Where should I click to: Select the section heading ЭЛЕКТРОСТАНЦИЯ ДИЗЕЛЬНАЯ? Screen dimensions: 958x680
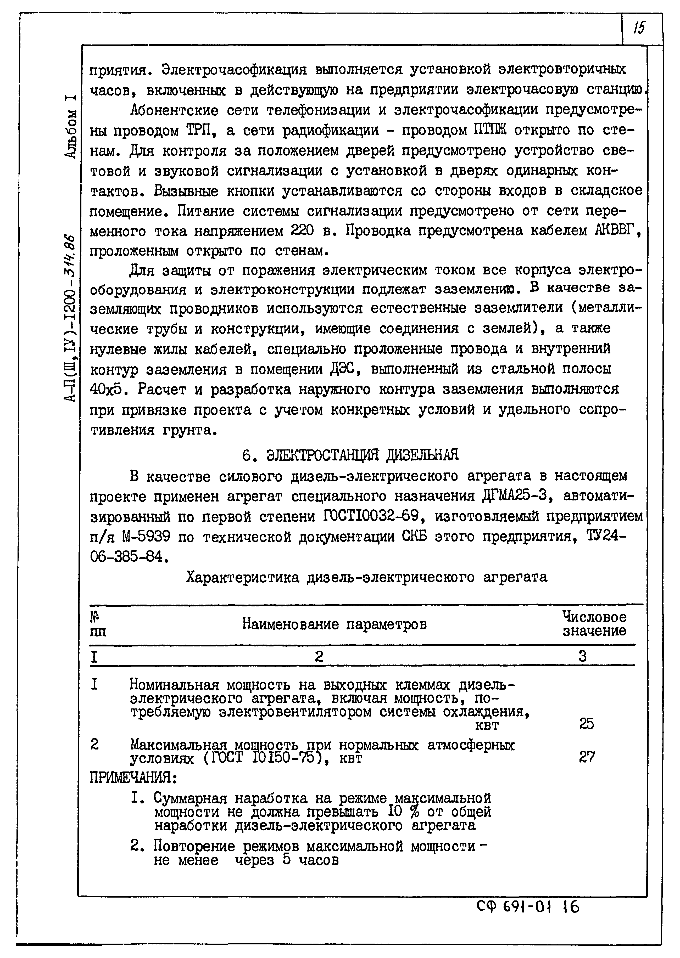(x=362, y=455)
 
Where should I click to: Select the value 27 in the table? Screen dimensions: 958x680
(x=586, y=757)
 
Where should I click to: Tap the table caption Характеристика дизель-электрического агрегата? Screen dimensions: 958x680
(x=366, y=578)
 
